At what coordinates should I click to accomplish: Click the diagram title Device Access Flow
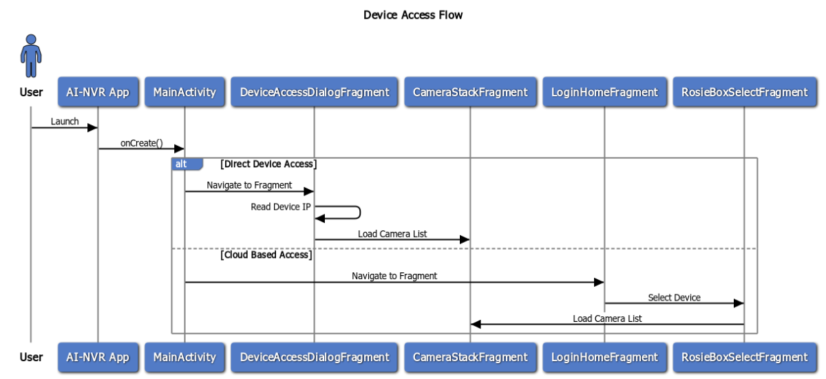(x=413, y=14)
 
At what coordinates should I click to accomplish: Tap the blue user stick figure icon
(x=30, y=57)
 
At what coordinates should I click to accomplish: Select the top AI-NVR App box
(x=98, y=92)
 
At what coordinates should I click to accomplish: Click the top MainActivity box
(x=184, y=92)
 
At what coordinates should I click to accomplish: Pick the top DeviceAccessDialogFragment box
(x=315, y=92)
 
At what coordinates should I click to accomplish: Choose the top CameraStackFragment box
(x=470, y=92)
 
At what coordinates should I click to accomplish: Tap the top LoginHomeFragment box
(x=604, y=92)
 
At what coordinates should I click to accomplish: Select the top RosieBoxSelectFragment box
(x=744, y=92)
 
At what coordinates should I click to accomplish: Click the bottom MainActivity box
(x=184, y=357)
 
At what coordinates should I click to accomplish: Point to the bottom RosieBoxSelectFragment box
(x=744, y=357)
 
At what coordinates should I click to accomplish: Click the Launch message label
(x=65, y=121)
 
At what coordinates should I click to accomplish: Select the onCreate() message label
(x=141, y=142)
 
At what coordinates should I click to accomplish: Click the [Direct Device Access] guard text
(x=268, y=164)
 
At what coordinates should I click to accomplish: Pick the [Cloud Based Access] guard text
(x=266, y=255)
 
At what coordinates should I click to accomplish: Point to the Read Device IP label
(x=280, y=206)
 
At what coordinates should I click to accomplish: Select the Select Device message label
(x=674, y=297)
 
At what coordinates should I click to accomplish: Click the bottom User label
(x=31, y=357)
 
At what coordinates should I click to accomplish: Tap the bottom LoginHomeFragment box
(x=604, y=357)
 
